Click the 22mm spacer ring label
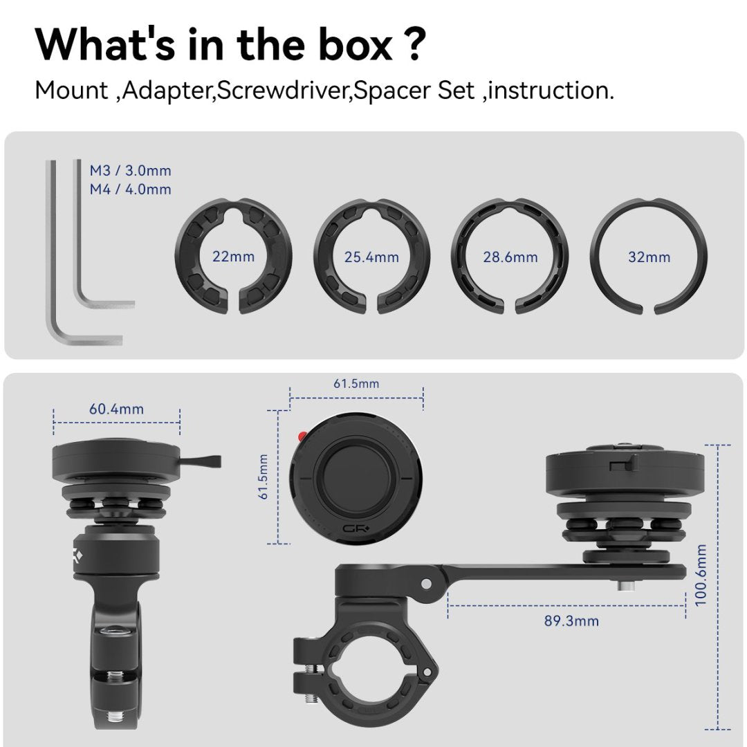234,257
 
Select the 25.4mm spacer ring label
371,257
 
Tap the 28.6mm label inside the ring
510,257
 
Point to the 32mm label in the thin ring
649,257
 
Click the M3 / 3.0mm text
131,170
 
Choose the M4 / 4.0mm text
131,189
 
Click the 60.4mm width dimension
116,409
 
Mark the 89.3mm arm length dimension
571,620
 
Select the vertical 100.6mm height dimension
701,575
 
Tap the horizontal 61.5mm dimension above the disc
356,384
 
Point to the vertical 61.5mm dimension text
264,477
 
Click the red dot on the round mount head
302,436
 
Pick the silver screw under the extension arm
624,584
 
